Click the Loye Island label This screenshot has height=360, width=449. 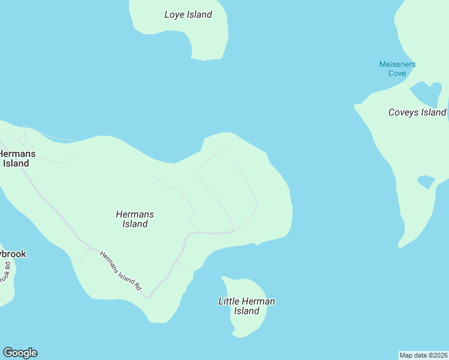coord(188,14)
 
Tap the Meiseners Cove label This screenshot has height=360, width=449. coord(397,68)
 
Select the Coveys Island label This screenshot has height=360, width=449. coord(417,112)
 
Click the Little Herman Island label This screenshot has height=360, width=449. coord(246,306)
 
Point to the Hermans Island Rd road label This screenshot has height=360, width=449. coord(120,271)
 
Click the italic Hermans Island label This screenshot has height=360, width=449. coord(135,219)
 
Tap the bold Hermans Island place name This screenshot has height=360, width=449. coord(16,158)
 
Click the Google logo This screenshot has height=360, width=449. coord(20,353)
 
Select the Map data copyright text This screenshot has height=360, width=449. coord(424,355)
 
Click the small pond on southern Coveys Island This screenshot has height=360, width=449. coord(426,181)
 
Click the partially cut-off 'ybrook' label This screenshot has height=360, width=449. coord(13,254)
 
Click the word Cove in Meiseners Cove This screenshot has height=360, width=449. coord(397,73)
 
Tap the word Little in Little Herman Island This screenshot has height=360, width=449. coord(229,301)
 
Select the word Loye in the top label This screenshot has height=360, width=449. coord(175,14)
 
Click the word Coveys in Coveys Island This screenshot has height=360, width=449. coord(404,112)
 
